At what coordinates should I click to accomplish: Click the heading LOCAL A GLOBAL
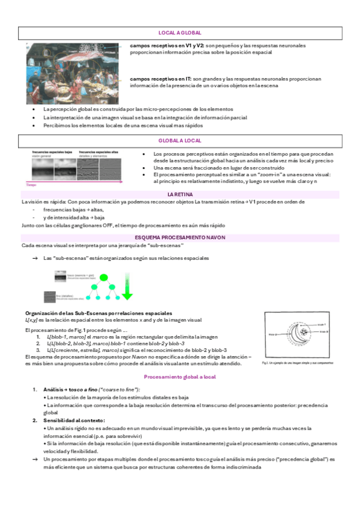(x=180, y=32)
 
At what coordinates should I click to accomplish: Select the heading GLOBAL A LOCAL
(x=180, y=140)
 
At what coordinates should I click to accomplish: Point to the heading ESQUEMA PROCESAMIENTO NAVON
(x=180, y=238)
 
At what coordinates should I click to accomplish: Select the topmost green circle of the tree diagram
(x=103, y=277)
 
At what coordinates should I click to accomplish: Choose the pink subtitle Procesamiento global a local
(x=180, y=376)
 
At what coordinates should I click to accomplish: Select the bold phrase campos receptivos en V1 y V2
(x=167, y=46)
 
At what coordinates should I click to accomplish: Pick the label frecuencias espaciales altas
(x=97, y=152)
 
